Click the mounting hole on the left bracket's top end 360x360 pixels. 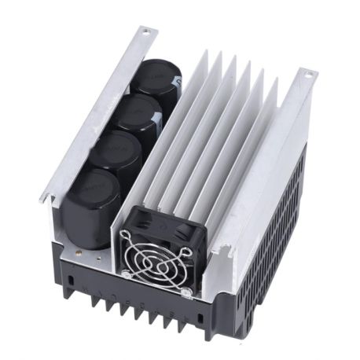[144, 31]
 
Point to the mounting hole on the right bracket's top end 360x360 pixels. [309, 75]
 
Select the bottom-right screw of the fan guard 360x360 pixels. [186, 292]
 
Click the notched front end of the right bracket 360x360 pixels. [224, 253]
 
